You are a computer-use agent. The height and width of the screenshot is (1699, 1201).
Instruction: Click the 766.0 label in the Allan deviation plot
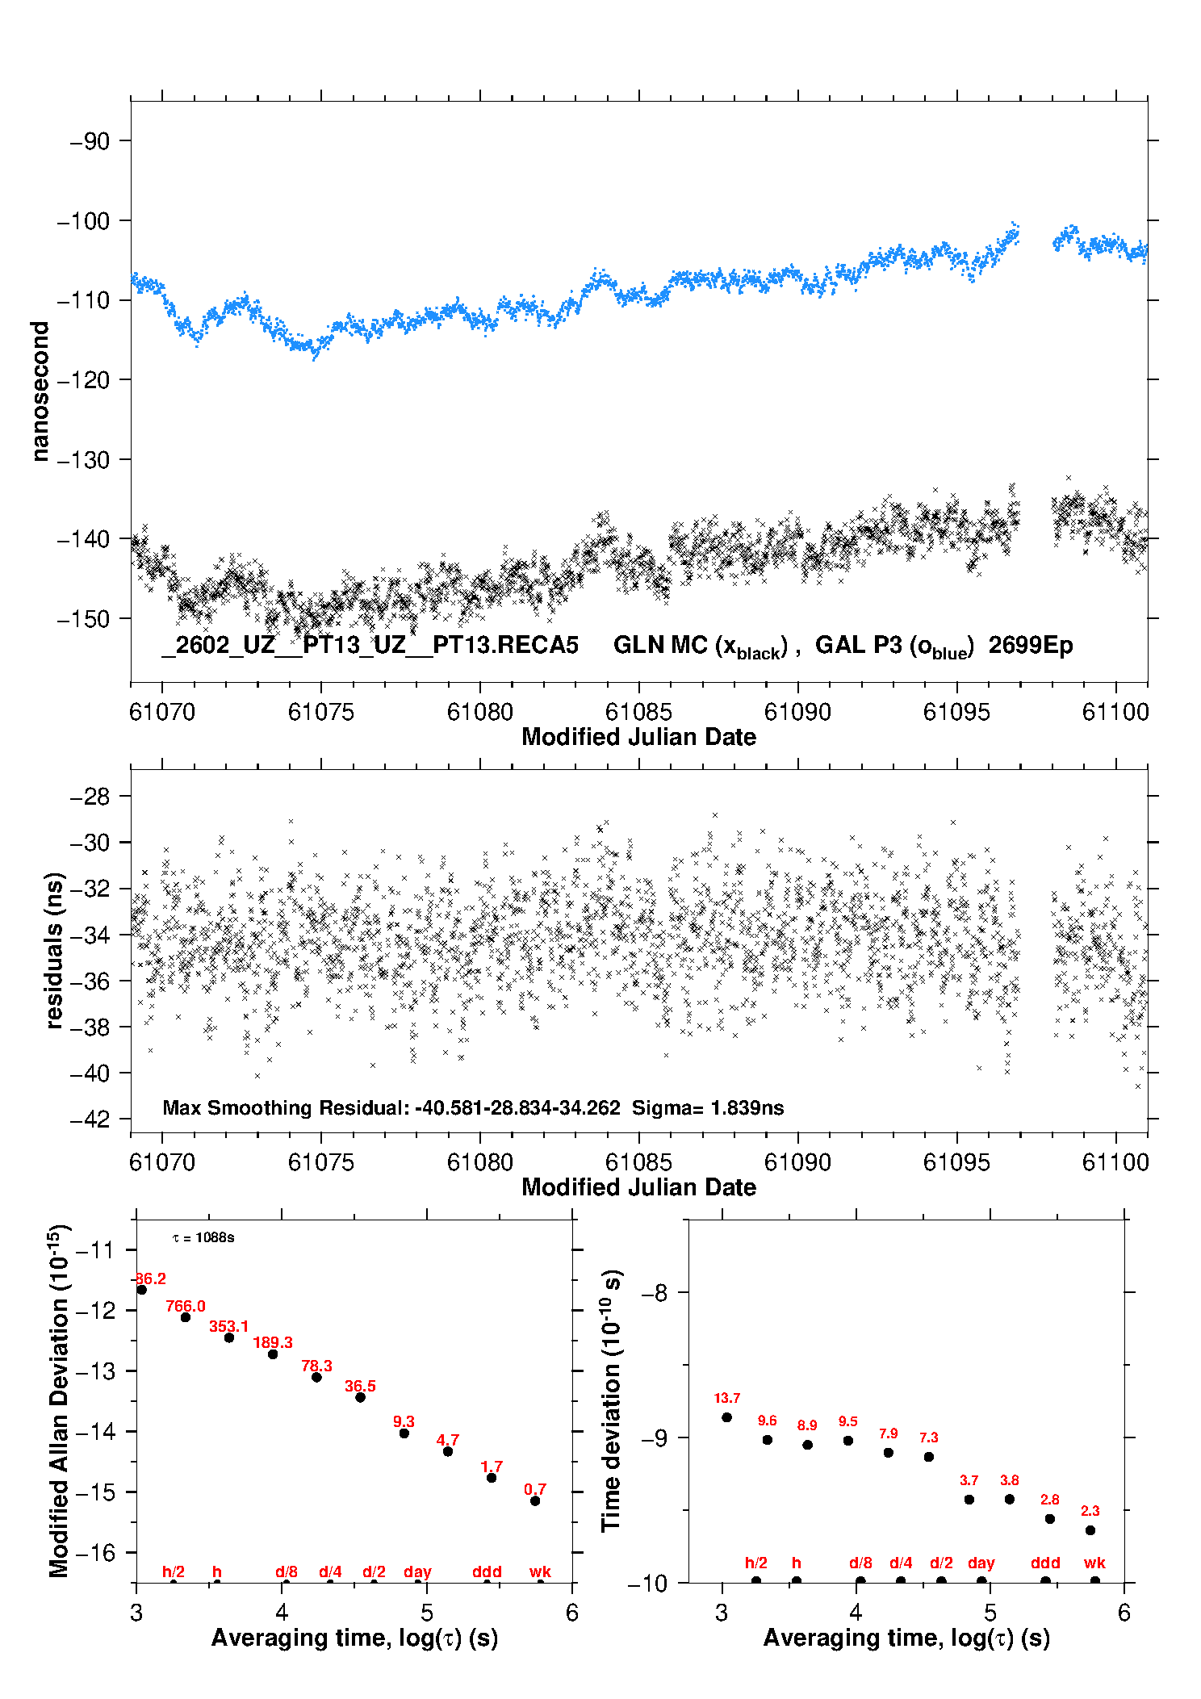[186, 1306]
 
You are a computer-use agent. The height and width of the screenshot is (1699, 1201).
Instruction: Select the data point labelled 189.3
[273, 1354]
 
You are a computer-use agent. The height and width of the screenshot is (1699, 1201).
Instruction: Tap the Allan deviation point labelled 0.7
[535, 1500]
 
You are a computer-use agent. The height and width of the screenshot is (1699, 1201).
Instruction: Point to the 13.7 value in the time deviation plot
[726, 1398]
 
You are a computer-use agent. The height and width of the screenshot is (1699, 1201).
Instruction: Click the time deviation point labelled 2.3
[1090, 1530]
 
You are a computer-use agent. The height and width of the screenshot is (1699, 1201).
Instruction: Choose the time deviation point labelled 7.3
[929, 1457]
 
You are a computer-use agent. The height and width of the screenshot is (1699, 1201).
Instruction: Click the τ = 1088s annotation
[203, 1238]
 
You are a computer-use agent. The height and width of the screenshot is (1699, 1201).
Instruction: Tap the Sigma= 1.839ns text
[707, 1107]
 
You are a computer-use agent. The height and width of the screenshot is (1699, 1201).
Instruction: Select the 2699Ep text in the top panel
[1031, 646]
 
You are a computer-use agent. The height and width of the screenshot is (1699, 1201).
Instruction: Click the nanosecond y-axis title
[40, 391]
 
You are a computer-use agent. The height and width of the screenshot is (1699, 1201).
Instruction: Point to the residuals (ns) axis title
[54, 950]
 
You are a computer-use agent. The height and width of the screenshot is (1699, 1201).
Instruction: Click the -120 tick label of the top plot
[83, 379]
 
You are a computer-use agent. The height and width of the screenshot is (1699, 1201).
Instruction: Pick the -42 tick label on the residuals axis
[90, 1119]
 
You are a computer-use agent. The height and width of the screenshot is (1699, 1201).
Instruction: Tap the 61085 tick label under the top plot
[638, 712]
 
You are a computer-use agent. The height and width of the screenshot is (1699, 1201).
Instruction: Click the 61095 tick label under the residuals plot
[956, 1162]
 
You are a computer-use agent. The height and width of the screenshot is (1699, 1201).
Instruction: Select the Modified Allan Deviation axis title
[59, 1401]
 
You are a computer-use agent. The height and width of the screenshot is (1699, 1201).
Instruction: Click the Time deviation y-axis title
[611, 1400]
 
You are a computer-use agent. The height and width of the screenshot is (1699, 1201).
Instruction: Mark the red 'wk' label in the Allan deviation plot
[540, 1571]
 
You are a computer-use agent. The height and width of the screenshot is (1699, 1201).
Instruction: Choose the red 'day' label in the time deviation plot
[981, 1563]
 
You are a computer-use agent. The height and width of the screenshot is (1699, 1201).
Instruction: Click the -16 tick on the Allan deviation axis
[95, 1552]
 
